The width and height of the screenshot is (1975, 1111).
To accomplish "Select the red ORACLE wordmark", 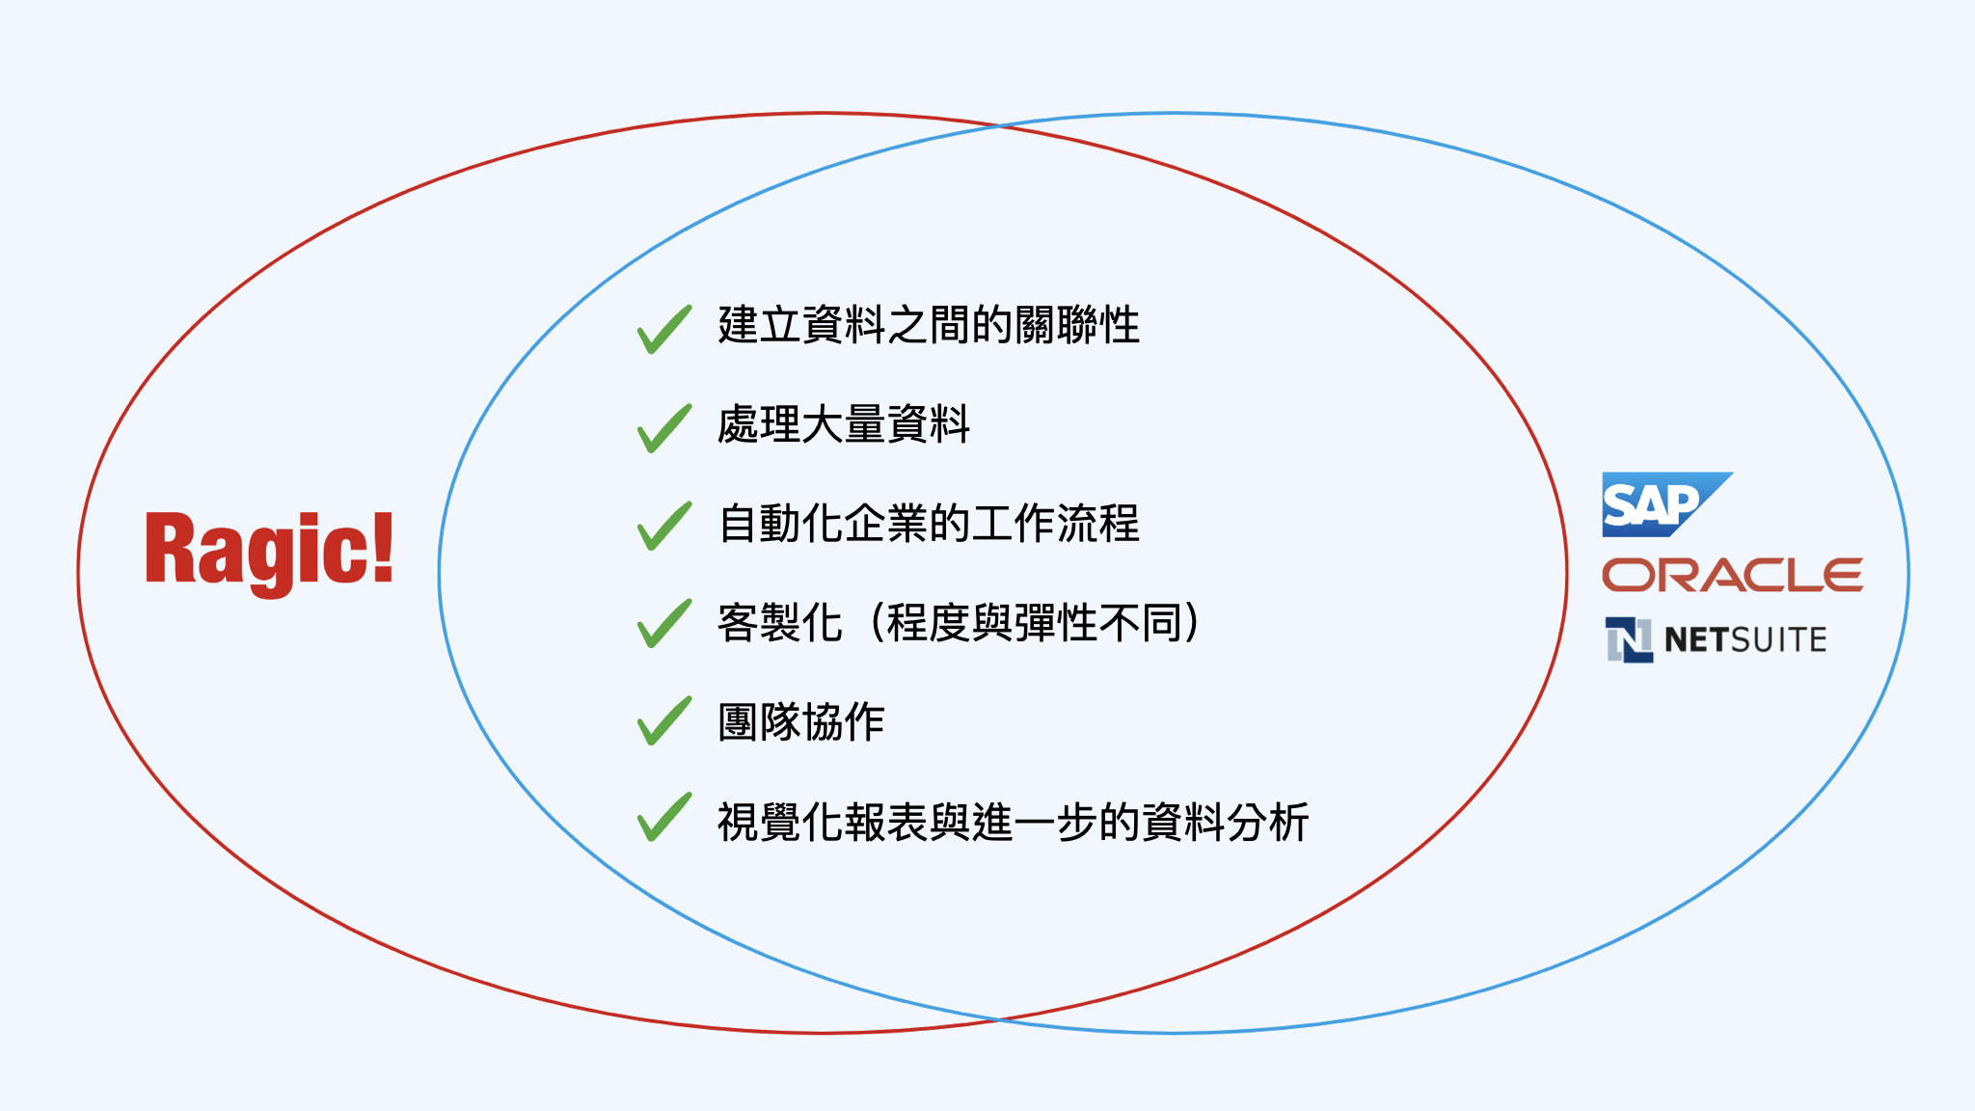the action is [x=1732, y=575].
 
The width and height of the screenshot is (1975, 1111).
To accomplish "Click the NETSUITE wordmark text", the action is [x=1745, y=640].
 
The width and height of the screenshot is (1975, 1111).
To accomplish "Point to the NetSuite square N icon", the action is [x=1630, y=639].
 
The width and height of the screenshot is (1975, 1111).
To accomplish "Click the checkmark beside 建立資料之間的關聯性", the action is [x=664, y=329].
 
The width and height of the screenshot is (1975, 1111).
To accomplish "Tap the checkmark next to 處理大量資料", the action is [x=664, y=427].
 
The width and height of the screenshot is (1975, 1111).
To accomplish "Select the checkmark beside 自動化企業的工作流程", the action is [x=664, y=526].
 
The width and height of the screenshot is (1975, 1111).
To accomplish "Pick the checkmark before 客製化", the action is [x=664, y=623].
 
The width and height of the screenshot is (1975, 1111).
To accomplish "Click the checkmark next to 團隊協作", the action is [x=664, y=720].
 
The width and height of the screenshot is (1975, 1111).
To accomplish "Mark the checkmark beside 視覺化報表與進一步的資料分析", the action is [x=664, y=817].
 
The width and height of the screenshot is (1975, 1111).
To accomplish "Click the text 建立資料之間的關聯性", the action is [x=929, y=325].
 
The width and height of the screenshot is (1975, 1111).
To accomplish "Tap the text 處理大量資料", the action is [x=844, y=424].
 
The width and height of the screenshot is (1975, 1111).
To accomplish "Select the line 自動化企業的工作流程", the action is [x=929, y=524].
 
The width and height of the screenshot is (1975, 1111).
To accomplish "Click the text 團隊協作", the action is [x=801, y=721].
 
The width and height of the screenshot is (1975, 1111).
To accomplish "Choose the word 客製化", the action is [x=780, y=622].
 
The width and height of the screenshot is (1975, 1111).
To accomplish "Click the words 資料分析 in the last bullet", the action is [x=1225, y=822].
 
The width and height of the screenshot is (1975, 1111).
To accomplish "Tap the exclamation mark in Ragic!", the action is [x=383, y=547].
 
